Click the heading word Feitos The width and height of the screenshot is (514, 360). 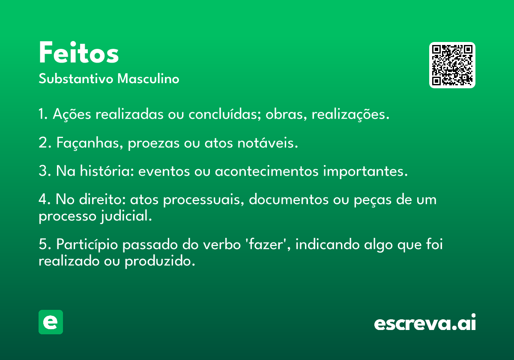[x=79, y=52]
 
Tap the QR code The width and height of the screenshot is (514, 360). [x=452, y=65]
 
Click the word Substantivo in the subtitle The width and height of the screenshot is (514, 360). [x=76, y=79]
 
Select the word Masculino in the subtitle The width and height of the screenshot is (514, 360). [x=148, y=79]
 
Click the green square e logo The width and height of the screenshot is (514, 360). [x=51, y=322]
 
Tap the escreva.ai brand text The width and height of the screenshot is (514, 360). [x=425, y=322]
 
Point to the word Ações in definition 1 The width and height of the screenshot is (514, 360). [x=72, y=114]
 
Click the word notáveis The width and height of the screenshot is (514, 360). [x=268, y=142]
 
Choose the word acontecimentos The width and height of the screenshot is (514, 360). [x=266, y=171]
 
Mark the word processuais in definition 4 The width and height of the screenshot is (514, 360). [x=203, y=200]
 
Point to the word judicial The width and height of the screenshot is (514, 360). [x=126, y=216]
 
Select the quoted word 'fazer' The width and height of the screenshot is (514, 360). [x=268, y=244]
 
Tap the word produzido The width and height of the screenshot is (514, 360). [x=160, y=261]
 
